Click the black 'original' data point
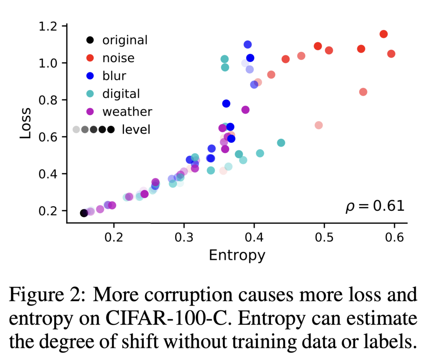[84, 213]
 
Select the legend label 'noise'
[119, 58]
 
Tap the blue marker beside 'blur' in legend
[89, 76]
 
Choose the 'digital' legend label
[121, 94]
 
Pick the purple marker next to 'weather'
[89, 112]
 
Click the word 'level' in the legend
[136, 129]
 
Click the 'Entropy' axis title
[237, 255]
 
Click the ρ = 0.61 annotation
[375, 206]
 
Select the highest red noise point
[384, 34]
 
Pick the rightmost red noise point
[391, 54]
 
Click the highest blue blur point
[247, 44]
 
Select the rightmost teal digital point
[281, 143]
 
